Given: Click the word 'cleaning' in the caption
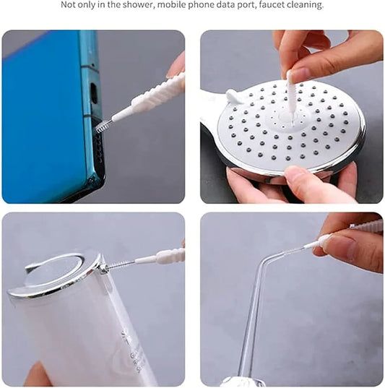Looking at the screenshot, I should [305, 5].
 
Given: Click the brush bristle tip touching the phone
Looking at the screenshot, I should [102, 126].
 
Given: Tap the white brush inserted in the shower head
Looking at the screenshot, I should [290, 94].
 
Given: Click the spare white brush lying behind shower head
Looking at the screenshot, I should [233, 95].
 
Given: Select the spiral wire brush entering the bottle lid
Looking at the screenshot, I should [120, 264].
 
